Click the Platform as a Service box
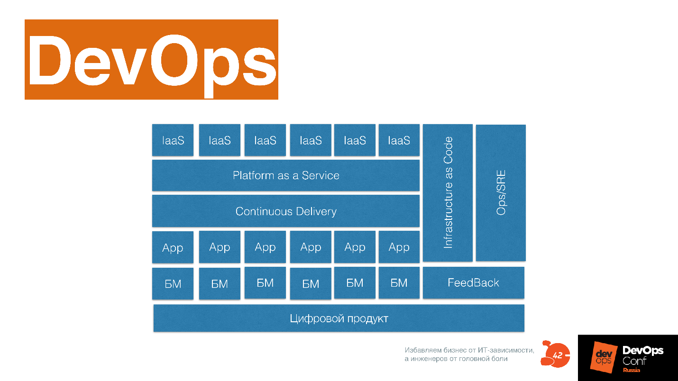point(285,175)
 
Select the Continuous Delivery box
point(285,211)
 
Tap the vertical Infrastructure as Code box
point(448,192)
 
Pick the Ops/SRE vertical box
point(501,192)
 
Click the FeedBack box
point(473,283)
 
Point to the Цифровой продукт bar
point(339,318)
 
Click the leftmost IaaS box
point(173,140)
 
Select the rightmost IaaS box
point(399,140)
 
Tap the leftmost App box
point(173,247)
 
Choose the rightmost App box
point(399,247)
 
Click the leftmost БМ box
point(173,284)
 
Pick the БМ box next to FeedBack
point(399,283)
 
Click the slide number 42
point(558,355)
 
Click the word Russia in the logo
point(632,370)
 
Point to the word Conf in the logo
point(634,361)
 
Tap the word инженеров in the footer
point(428,359)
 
